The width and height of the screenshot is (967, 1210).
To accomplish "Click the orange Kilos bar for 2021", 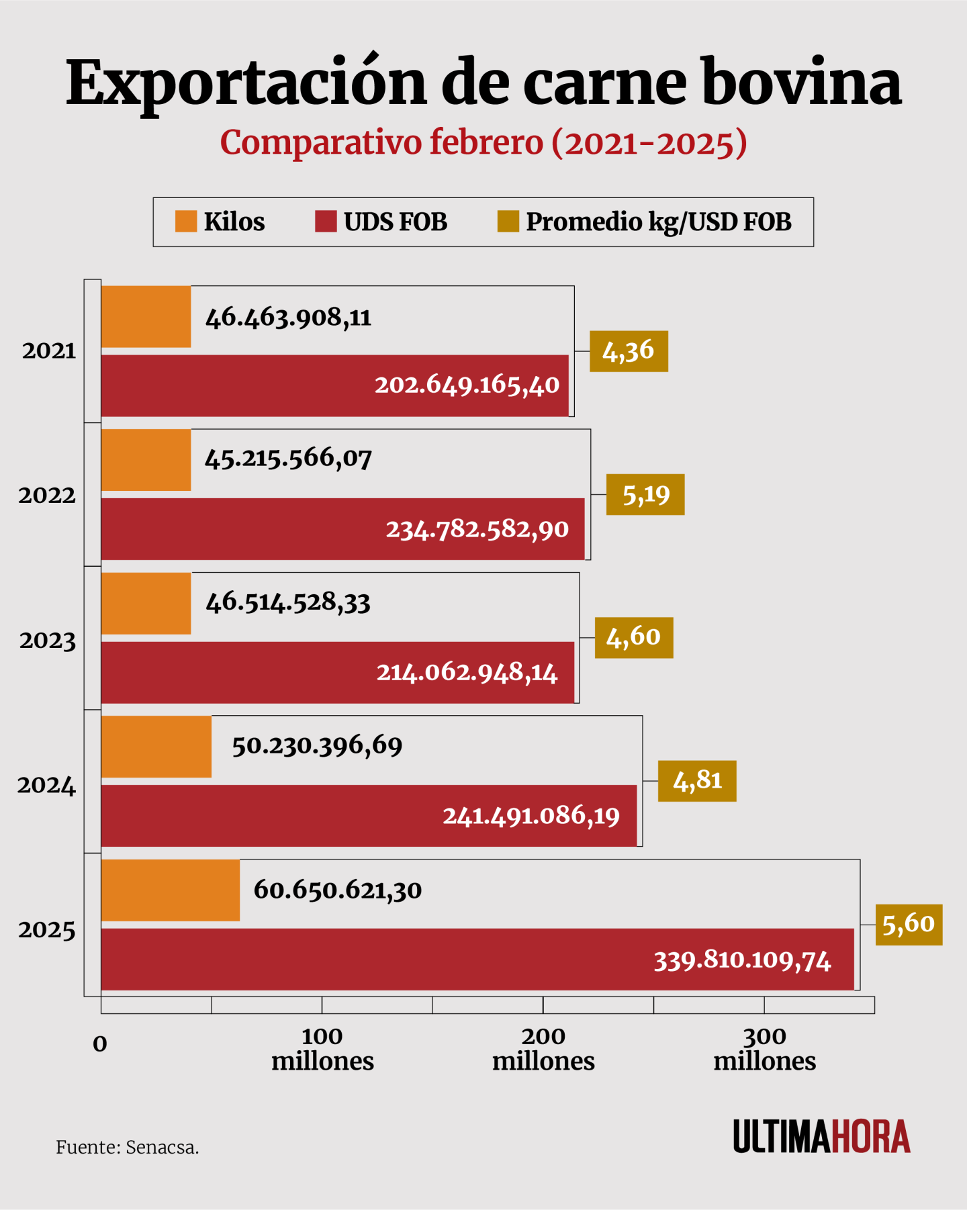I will (146, 317).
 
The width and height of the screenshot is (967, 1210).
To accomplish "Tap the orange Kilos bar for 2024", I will (156, 747).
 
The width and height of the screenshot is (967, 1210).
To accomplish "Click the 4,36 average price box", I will (629, 351).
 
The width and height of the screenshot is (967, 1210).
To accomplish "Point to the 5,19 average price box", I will (645, 495).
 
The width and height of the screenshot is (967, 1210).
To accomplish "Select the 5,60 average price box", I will (909, 925).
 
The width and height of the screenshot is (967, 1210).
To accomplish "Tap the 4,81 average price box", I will (697, 781).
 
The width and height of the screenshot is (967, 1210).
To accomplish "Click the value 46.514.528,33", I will (288, 603).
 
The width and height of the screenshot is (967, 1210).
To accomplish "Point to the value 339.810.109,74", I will (743, 961).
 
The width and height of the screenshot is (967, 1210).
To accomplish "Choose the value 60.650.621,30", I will (338, 890).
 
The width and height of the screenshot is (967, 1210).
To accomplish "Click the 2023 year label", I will (47, 641).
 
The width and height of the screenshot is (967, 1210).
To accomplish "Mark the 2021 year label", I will (48, 351).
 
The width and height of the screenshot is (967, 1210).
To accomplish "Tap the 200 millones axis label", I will (543, 1049).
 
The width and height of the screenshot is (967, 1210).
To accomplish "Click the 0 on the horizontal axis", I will (100, 1044).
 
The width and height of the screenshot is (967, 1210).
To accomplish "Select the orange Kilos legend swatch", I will (186, 222).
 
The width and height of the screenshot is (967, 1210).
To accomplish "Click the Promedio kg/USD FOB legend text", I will (658, 222).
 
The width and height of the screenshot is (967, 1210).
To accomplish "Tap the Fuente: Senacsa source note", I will (128, 1148).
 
